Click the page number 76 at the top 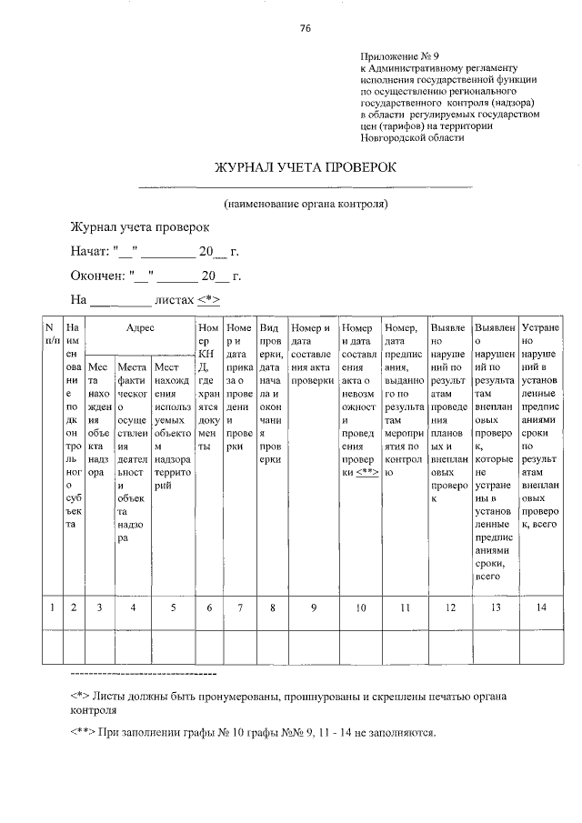pos(306,28)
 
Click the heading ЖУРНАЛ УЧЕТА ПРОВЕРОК pos(306,169)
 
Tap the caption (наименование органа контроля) pos(306,204)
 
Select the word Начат pos(89,250)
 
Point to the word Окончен pos(96,275)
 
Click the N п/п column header pos(52,333)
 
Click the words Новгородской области pos(412,138)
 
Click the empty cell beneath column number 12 pos(449,647)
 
